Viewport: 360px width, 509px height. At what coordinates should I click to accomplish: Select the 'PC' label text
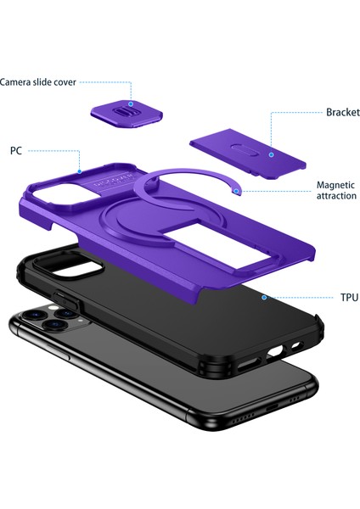click(15, 150)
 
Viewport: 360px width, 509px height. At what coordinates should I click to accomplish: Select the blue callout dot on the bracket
click(271, 154)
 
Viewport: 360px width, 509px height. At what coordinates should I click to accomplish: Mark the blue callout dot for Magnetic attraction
click(237, 192)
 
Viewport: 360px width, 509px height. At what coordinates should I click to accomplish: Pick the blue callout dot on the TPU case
click(264, 298)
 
